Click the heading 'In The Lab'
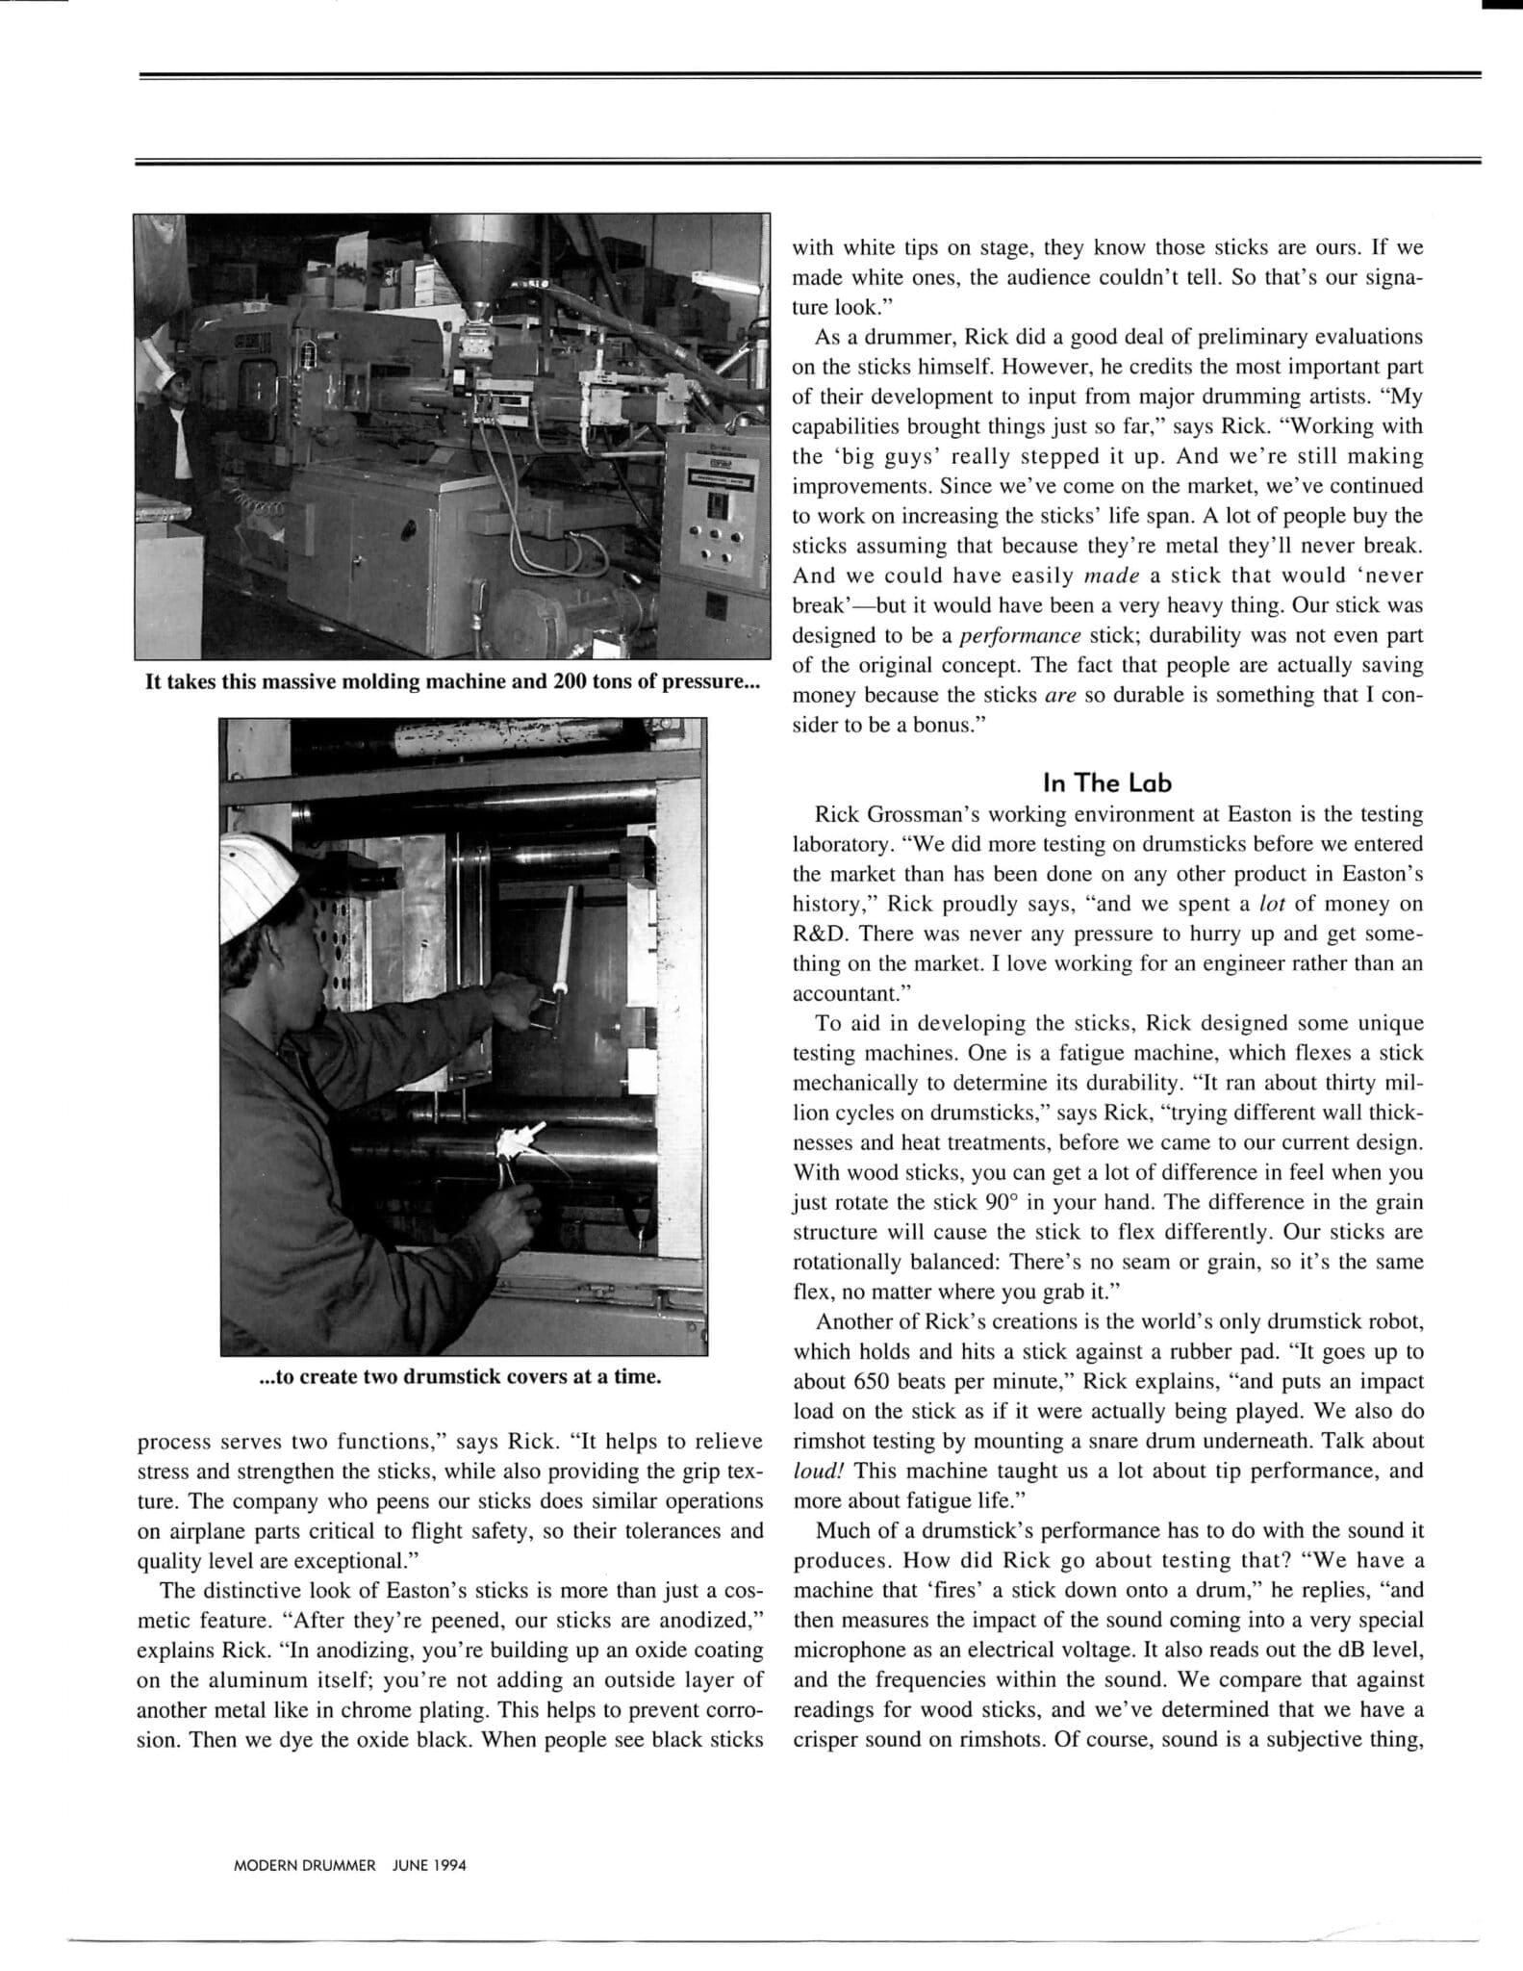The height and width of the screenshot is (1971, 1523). point(1106,782)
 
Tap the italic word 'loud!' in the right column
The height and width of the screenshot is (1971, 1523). point(819,1471)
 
